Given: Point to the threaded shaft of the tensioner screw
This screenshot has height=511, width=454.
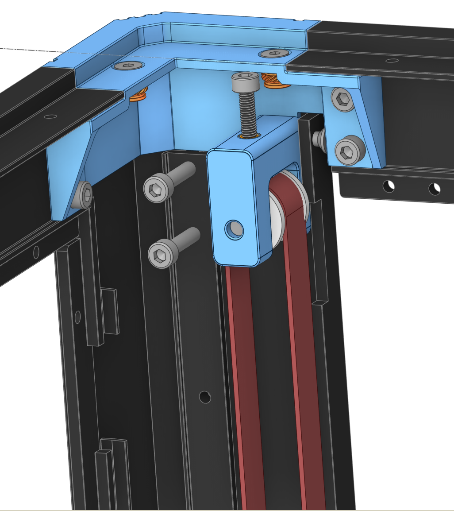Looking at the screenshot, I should point(247,113).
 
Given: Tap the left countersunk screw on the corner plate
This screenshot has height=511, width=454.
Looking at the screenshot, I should point(128,66).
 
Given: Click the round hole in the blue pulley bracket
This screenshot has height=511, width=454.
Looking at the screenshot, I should point(234,229).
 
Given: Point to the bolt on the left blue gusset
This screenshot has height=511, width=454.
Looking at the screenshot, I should point(84,195).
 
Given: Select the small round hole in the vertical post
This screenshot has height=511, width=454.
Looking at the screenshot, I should point(205,397).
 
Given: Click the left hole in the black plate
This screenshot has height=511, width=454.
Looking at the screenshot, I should point(389,186).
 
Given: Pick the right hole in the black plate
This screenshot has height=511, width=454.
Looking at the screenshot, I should point(435,189).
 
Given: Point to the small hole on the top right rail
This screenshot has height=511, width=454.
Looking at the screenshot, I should point(391,61).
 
